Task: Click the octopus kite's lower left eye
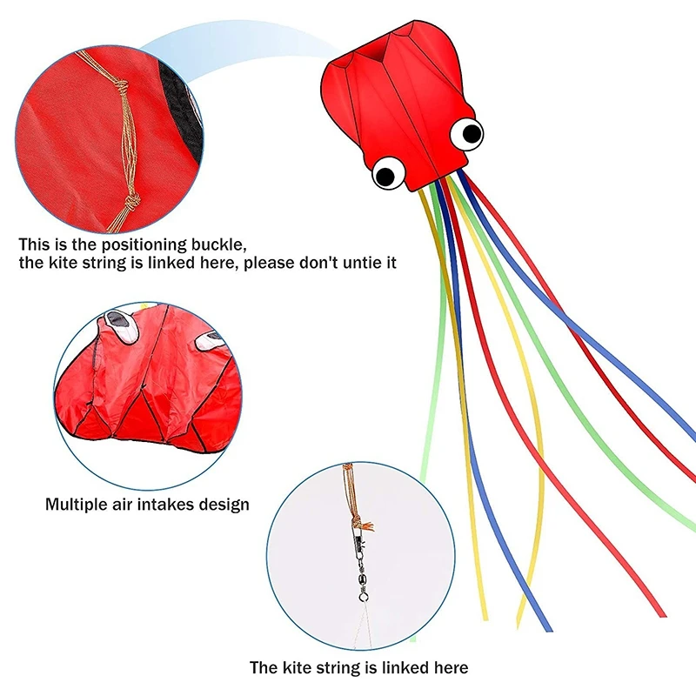[386, 173]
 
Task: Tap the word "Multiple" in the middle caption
[77, 504]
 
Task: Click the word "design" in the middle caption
[228, 504]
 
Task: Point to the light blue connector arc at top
[235, 39]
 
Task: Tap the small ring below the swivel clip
[363, 598]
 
